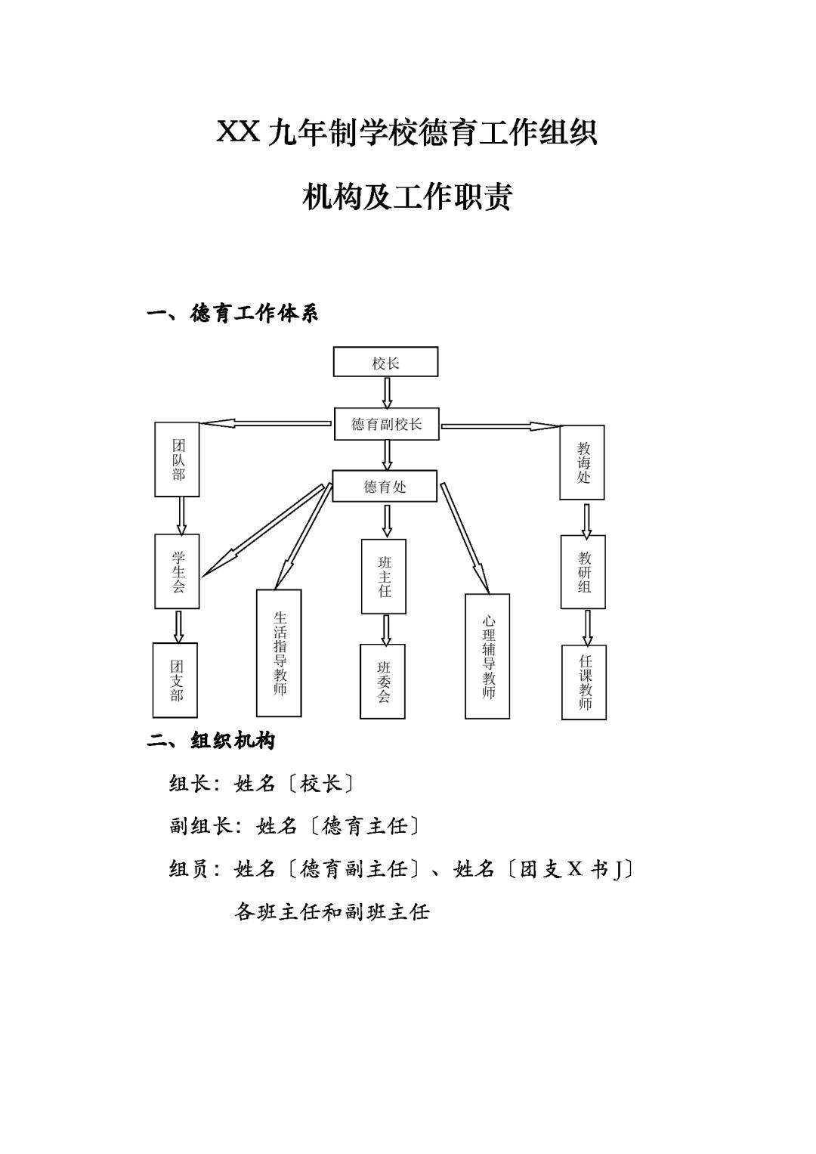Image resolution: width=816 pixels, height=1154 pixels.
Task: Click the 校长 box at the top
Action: [385, 362]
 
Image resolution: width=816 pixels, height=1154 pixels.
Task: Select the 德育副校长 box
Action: [386, 424]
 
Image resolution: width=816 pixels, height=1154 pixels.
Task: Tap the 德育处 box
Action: [385, 486]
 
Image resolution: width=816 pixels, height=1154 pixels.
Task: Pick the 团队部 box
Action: [178, 459]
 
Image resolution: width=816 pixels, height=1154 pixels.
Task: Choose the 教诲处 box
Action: [582, 463]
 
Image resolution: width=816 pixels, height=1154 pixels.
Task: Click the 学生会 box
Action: [178, 571]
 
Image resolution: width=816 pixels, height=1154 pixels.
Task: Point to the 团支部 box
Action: [175, 680]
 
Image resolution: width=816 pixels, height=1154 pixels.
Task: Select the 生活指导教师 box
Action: [279, 653]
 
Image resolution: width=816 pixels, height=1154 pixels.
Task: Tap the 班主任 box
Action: [384, 576]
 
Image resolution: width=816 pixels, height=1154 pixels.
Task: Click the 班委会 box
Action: [382, 681]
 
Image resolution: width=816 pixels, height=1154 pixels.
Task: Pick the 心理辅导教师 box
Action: [487, 656]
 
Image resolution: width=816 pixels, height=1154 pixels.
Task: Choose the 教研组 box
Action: [583, 572]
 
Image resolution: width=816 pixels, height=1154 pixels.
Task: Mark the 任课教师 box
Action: [584, 682]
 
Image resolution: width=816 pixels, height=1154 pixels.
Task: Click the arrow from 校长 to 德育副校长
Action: [387, 392]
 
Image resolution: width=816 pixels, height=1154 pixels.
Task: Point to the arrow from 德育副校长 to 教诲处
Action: [499, 426]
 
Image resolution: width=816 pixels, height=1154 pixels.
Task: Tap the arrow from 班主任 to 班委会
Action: [386, 630]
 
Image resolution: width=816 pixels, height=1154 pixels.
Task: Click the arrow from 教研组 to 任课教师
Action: [587, 627]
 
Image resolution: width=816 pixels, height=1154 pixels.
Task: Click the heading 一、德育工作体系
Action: [232, 313]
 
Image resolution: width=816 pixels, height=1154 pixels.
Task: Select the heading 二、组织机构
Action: [211, 741]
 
